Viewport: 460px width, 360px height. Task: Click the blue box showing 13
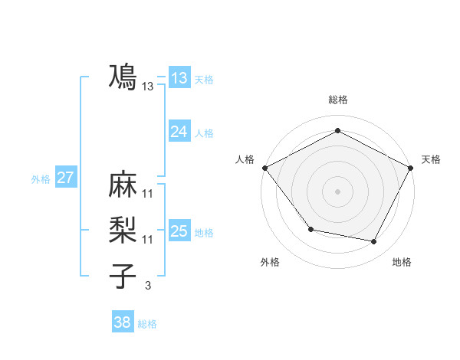tap(179, 78)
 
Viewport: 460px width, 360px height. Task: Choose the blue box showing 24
tap(179, 132)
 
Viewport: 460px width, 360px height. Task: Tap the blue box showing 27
tap(66, 178)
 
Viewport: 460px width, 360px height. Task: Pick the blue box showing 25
tap(179, 231)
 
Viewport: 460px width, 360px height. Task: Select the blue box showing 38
tap(123, 323)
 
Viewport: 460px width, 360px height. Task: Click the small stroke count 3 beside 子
tap(148, 286)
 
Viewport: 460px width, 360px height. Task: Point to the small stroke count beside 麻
tap(148, 193)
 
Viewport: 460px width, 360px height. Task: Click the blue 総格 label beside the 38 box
tap(147, 324)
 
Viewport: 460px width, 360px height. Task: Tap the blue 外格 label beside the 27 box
tap(41, 179)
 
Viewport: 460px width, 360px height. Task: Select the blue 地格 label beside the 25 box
tap(204, 232)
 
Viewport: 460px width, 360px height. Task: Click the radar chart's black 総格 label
tap(337, 100)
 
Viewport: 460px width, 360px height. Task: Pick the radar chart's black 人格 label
tap(245, 159)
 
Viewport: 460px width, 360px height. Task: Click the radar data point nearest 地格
tap(374, 242)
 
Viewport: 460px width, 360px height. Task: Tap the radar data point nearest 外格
tap(310, 229)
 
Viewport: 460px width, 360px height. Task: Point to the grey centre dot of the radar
tap(337, 191)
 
